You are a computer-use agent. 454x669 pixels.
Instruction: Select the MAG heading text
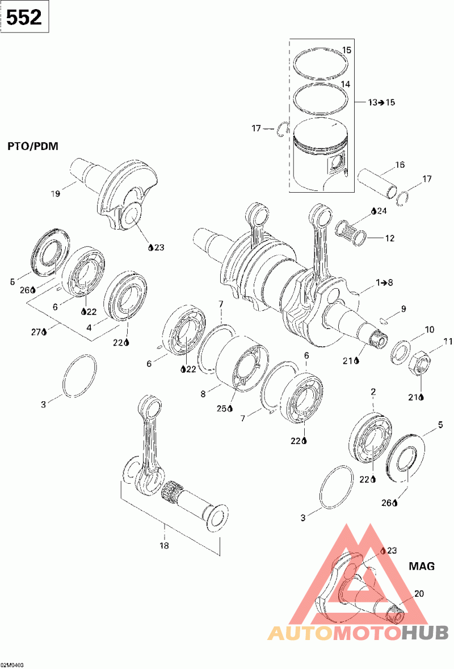pyautogui.click(x=422, y=566)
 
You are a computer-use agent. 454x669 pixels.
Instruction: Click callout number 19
pyautogui.click(x=55, y=194)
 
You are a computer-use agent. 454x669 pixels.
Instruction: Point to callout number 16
pyautogui.click(x=400, y=165)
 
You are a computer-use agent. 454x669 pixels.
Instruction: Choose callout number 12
pyautogui.click(x=390, y=238)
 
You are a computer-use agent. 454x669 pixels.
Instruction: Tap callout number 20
pyautogui.click(x=419, y=593)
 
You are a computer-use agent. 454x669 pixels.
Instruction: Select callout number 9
pyautogui.click(x=403, y=309)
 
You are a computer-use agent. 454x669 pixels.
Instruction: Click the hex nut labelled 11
pyautogui.click(x=419, y=369)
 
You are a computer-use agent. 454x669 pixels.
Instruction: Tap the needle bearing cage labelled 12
pyautogui.click(x=351, y=233)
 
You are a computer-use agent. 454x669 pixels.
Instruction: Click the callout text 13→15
pyautogui.click(x=381, y=103)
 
